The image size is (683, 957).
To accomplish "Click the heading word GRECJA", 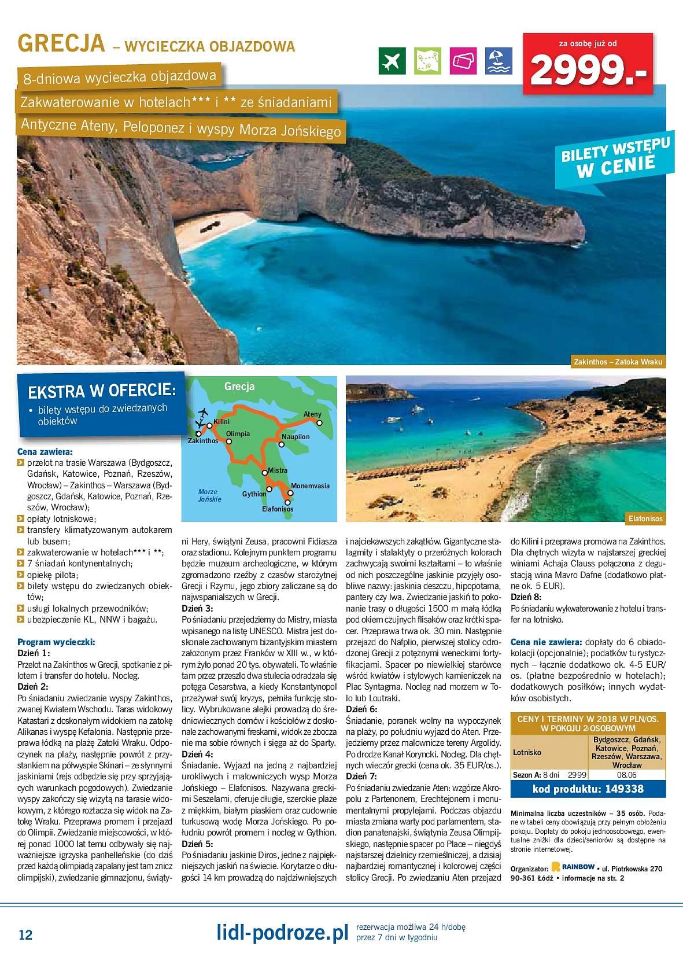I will pos(61,44).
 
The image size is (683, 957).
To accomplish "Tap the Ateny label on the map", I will pos(312,414).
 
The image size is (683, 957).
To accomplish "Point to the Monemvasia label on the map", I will pos(311,485).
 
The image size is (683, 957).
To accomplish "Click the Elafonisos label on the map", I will pos(278,509).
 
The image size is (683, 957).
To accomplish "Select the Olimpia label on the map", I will pos(238,433).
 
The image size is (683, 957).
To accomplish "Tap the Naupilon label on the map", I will pos(296,436).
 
